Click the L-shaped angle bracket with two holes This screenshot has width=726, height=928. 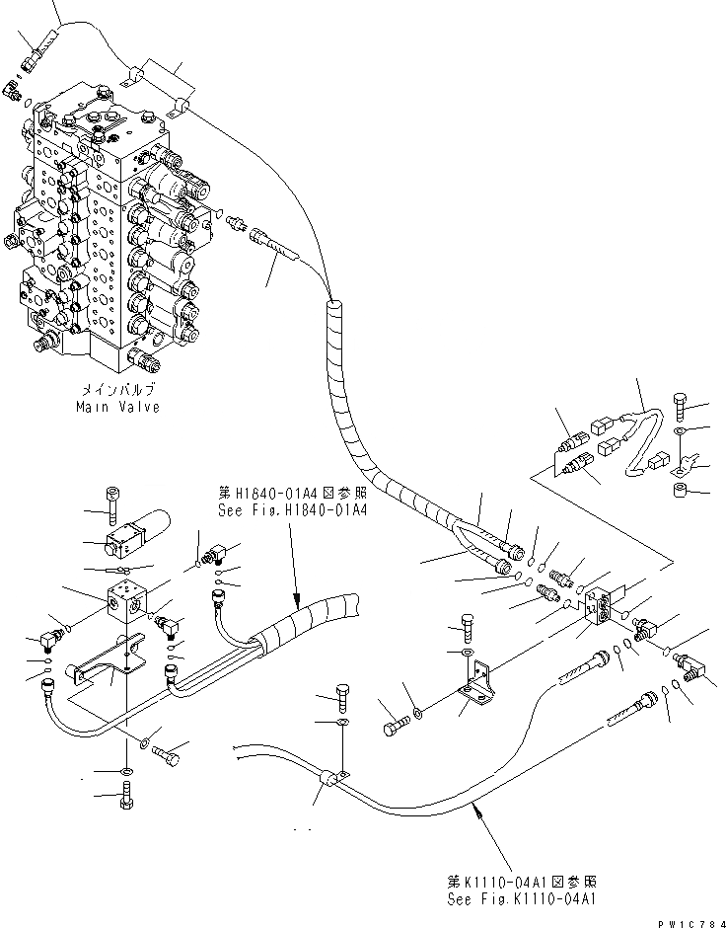(475, 688)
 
